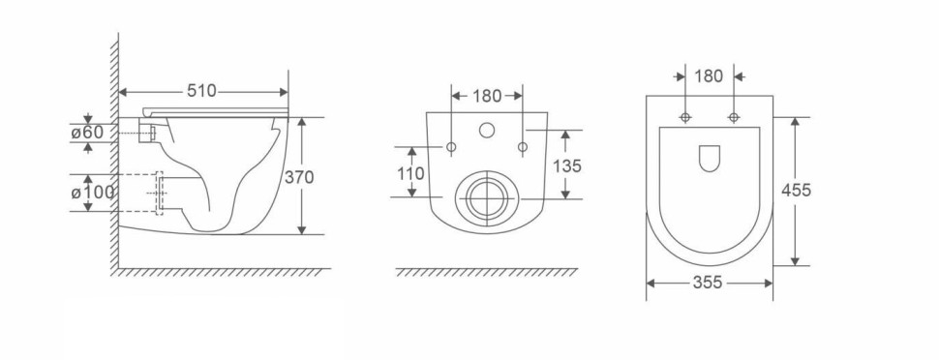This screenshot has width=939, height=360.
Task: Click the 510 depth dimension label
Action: pos(201,91)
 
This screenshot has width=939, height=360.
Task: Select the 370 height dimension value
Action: pos(299,177)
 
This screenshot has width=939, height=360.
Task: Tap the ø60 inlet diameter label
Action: pos(87,133)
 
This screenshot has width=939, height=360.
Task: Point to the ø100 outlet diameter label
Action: pos(92,193)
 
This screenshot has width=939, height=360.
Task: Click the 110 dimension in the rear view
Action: pos(410,174)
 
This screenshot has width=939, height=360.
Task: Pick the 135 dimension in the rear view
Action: pos(567,165)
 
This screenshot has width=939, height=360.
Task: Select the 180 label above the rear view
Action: pos(487,96)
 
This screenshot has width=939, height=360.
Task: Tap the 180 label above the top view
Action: pos(709,76)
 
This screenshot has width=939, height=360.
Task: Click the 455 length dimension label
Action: pos(797,191)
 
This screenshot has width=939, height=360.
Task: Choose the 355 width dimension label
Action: pos(708,283)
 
